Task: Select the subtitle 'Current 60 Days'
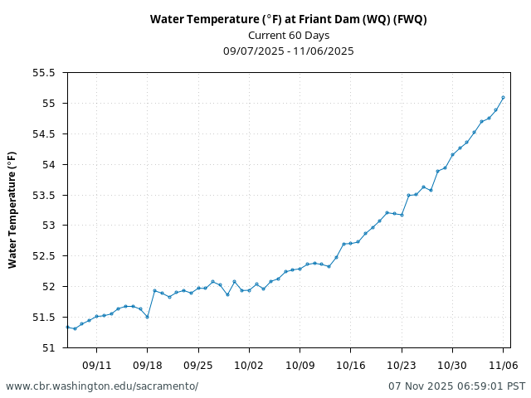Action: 288,35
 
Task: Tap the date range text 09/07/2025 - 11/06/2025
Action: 288,51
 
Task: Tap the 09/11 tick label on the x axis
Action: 96,365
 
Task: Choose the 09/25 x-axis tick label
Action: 198,365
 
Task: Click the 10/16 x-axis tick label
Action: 350,365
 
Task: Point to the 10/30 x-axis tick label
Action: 452,365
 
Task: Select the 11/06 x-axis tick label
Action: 503,365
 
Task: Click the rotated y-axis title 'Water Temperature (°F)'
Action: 12,210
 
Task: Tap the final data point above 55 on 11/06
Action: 503,97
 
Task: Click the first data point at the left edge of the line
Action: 67,327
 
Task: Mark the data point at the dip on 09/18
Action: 147,317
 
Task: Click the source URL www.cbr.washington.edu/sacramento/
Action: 102,386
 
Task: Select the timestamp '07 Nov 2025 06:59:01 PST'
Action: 456,386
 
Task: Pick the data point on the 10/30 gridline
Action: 452,154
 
